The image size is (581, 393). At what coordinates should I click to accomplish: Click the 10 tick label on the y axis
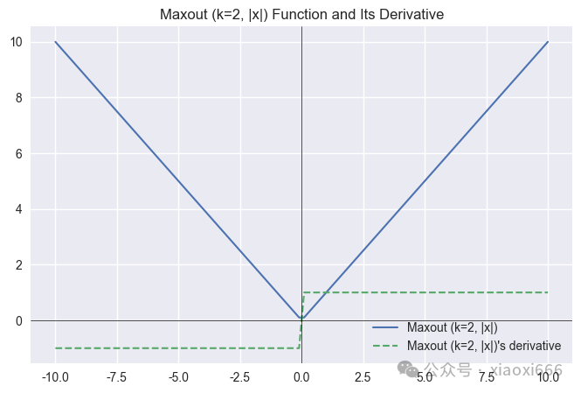tap(17, 42)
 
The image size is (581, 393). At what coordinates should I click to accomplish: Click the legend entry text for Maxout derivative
tap(484, 346)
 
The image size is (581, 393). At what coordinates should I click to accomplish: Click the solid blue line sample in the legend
tap(385, 327)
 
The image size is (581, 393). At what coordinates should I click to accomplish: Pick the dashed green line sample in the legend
tap(385, 346)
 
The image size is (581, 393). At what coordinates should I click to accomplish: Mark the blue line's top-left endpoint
tap(55, 42)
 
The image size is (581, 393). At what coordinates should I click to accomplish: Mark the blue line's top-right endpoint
tap(548, 42)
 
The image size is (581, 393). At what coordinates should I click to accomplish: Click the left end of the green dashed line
tap(55, 348)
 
